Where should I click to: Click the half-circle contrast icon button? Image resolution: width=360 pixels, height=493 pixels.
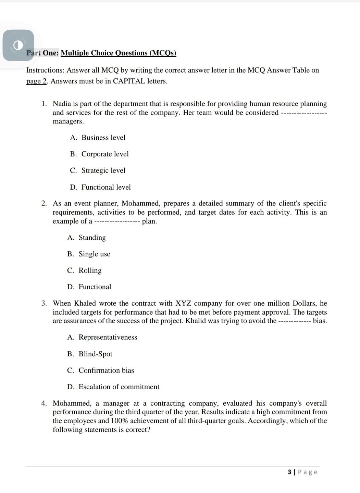(18, 45)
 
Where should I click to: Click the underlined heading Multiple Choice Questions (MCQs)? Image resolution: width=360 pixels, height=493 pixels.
(118, 53)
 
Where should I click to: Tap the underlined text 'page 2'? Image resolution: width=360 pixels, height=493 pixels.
(36, 81)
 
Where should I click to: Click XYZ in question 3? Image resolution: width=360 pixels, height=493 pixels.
(183, 303)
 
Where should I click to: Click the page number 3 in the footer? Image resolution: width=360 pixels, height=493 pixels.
(290, 472)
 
